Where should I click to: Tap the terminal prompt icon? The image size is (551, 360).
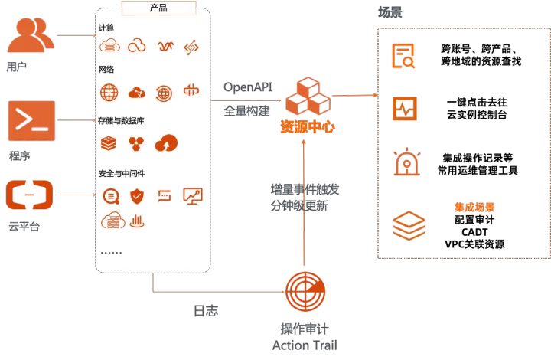click(x=31, y=121)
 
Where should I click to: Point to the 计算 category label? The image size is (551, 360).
click(x=106, y=28)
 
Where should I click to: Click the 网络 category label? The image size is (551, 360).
click(x=106, y=69)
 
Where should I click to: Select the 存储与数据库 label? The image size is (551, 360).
click(x=121, y=120)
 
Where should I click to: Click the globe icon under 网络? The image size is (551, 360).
click(x=109, y=93)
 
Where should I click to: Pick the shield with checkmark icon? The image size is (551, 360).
click(x=136, y=196)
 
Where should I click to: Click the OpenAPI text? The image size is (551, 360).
click(x=247, y=87)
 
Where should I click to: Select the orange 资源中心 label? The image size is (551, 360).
click(x=307, y=127)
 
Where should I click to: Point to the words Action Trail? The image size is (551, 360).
click(x=304, y=345)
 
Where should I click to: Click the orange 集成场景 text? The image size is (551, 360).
click(x=474, y=208)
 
